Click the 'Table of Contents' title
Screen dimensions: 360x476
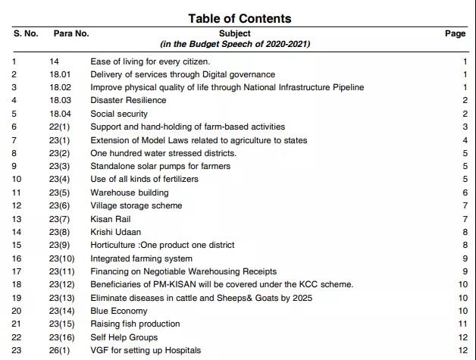[239, 18]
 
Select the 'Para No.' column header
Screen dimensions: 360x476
[71, 34]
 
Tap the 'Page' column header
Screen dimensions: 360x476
[455, 34]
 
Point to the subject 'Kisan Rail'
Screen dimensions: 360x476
[111, 219]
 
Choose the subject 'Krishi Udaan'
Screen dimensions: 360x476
[116, 232]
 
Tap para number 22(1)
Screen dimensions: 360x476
[59, 127]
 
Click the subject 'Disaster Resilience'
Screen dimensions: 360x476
[129, 101]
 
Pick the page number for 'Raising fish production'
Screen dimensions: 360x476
[463, 324]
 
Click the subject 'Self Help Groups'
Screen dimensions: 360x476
[124, 337]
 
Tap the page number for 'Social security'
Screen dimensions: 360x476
[465, 114]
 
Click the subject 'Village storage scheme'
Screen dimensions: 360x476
[136, 205]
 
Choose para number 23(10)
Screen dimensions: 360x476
[62, 258]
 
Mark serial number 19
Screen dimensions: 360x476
[16, 298]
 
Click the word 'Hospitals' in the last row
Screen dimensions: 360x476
[181, 350]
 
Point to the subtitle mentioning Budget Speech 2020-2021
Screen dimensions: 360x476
[234, 44]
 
